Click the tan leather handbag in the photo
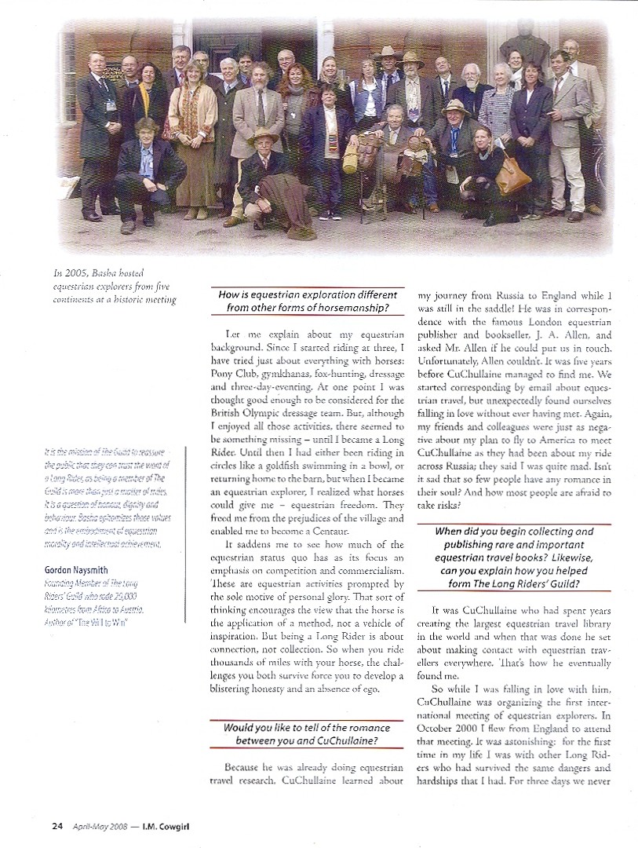(x=512, y=174)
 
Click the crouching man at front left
(x=144, y=171)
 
